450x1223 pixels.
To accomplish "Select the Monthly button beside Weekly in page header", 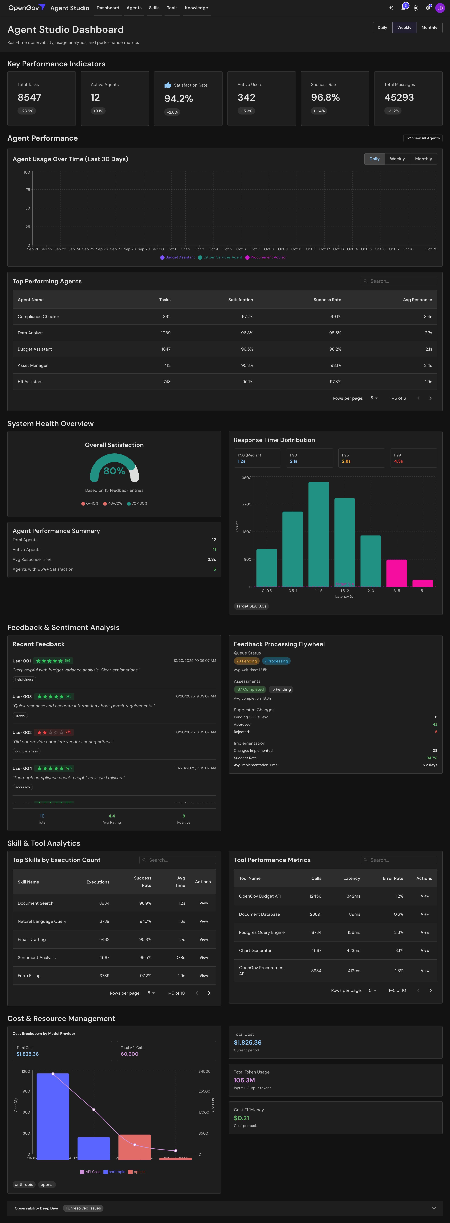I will [x=429, y=27].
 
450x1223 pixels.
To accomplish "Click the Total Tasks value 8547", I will [x=29, y=97].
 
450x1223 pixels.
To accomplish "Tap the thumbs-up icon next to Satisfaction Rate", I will [x=168, y=85].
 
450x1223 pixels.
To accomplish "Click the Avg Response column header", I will [x=417, y=300].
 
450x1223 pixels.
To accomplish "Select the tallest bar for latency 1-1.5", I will [x=318, y=534].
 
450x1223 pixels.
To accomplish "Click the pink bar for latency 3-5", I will [x=396, y=573].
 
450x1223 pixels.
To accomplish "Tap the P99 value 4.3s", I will [x=398, y=461].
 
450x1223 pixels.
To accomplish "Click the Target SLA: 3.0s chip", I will [x=251, y=606].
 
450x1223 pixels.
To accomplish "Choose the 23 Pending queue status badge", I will [x=246, y=661].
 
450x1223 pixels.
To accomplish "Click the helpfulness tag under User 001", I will [x=24, y=679].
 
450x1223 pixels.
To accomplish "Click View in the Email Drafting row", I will [x=204, y=940].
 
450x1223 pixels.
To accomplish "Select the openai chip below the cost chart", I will [x=47, y=1184].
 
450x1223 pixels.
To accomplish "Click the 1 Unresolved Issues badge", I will [x=83, y=1208].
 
